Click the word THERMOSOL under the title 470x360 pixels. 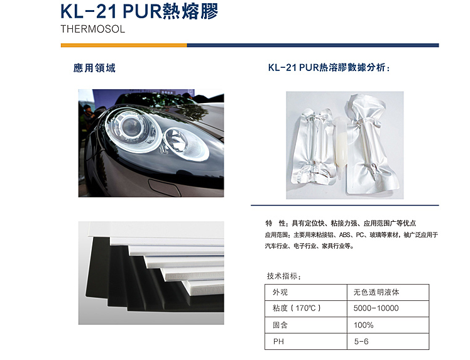click(x=92, y=29)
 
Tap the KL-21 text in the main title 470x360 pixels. click(x=89, y=11)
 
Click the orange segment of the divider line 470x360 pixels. click(x=124, y=45)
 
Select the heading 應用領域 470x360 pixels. click(x=94, y=68)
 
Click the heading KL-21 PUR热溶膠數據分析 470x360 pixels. click(x=329, y=67)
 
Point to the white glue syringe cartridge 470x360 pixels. click(x=341, y=147)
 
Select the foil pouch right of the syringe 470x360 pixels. click(x=373, y=145)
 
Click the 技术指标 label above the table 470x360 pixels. click(x=283, y=276)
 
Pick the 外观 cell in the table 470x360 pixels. click(x=280, y=292)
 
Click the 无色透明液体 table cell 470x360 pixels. click(x=376, y=292)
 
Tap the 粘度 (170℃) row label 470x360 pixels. click(x=297, y=308)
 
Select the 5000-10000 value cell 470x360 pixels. click(x=376, y=308)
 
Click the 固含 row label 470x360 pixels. click(x=280, y=325)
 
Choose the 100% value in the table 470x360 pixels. click(x=363, y=325)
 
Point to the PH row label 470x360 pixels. click(x=278, y=341)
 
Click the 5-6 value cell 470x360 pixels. click(x=361, y=341)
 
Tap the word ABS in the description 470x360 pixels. click(x=345, y=235)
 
